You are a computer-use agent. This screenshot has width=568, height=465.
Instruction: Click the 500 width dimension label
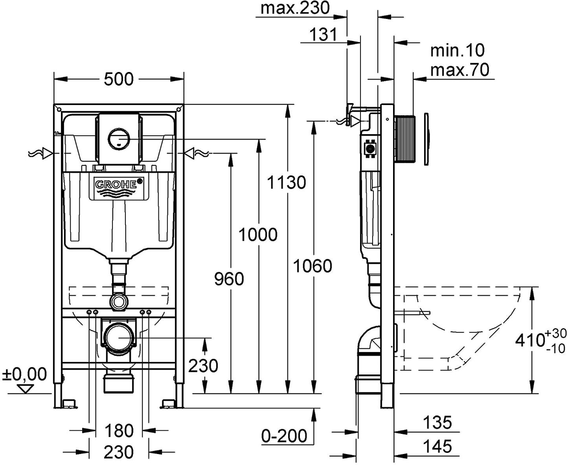click(119, 79)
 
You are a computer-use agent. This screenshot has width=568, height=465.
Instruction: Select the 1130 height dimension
click(286, 182)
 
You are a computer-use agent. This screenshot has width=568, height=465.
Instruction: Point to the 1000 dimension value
click(258, 234)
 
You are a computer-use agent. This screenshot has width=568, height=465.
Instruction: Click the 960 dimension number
click(229, 279)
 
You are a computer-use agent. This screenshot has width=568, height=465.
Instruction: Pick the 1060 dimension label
click(312, 266)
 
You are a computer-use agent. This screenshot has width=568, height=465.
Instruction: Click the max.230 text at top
click(295, 8)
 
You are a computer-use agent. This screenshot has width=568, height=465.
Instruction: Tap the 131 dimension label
click(323, 35)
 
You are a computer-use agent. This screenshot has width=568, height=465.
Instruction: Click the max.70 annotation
click(460, 70)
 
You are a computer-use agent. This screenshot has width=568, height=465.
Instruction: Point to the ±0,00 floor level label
click(24, 374)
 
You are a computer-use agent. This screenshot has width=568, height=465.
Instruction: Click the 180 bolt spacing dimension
click(119, 431)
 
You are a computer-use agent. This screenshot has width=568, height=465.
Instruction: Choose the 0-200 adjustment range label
click(284, 436)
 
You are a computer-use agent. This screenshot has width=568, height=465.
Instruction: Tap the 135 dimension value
click(437, 423)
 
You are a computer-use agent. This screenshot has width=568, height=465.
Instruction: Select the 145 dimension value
click(437, 447)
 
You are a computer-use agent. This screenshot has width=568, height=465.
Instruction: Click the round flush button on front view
click(119, 139)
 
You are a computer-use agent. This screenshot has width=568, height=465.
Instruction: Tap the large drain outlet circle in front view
click(118, 337)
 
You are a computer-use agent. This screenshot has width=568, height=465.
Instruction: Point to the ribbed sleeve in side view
click(405, 138)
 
